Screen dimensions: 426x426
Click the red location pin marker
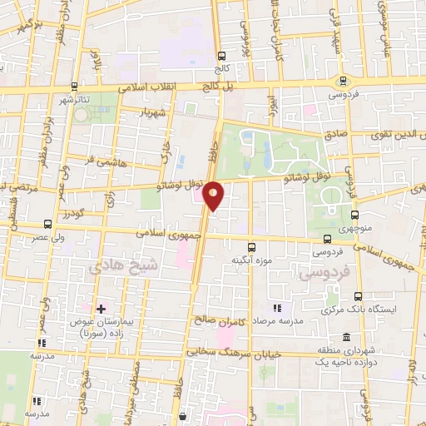pos(214,195)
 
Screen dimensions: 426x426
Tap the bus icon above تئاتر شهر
pos(76,85)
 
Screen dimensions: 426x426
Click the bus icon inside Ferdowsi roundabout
pos(343,81)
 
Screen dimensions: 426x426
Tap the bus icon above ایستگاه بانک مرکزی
pos(359,295)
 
